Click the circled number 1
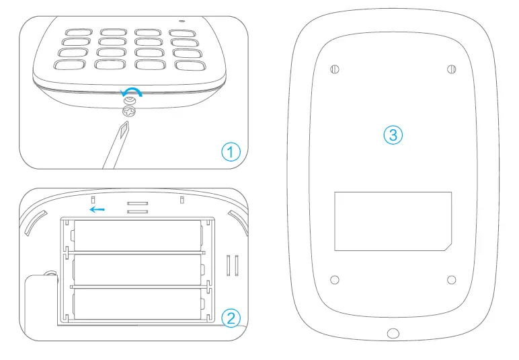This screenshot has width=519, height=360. pos(231,152)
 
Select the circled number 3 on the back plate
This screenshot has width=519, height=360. pos(393,135)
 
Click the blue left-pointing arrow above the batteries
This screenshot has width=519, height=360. pos(97,209)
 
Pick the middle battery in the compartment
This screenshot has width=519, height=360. pos(137,270)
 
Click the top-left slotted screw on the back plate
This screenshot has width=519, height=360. pos(335,69)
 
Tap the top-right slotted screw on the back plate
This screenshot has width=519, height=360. pos(452,69)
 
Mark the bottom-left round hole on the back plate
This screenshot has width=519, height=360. pos(335,279)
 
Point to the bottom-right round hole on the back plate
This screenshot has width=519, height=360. pos(452,279)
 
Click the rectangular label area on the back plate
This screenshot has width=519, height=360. pos(393,221)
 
